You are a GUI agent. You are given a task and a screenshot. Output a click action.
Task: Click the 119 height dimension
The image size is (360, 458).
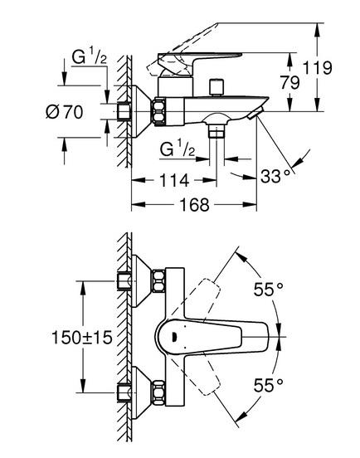click(318, 68)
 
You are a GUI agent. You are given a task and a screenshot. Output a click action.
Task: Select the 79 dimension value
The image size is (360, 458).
click(290, 82)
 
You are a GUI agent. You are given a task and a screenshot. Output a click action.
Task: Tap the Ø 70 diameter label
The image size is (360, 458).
click(64, 111)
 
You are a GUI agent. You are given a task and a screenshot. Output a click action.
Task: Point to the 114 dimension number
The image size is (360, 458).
click(174, 180)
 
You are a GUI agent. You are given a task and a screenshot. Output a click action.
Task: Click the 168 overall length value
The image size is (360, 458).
click(194, 204)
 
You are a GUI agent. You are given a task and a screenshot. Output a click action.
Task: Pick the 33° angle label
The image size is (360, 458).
click(275, 176)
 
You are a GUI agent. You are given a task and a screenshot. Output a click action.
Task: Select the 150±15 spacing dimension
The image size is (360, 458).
click(82, 338)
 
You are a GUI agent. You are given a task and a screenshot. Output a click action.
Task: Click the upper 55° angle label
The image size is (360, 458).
click(268, 290)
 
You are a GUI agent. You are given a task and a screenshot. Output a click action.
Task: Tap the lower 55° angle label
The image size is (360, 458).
click(268, 385)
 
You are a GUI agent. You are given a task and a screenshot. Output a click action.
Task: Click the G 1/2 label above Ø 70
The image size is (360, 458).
click(90, 56)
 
